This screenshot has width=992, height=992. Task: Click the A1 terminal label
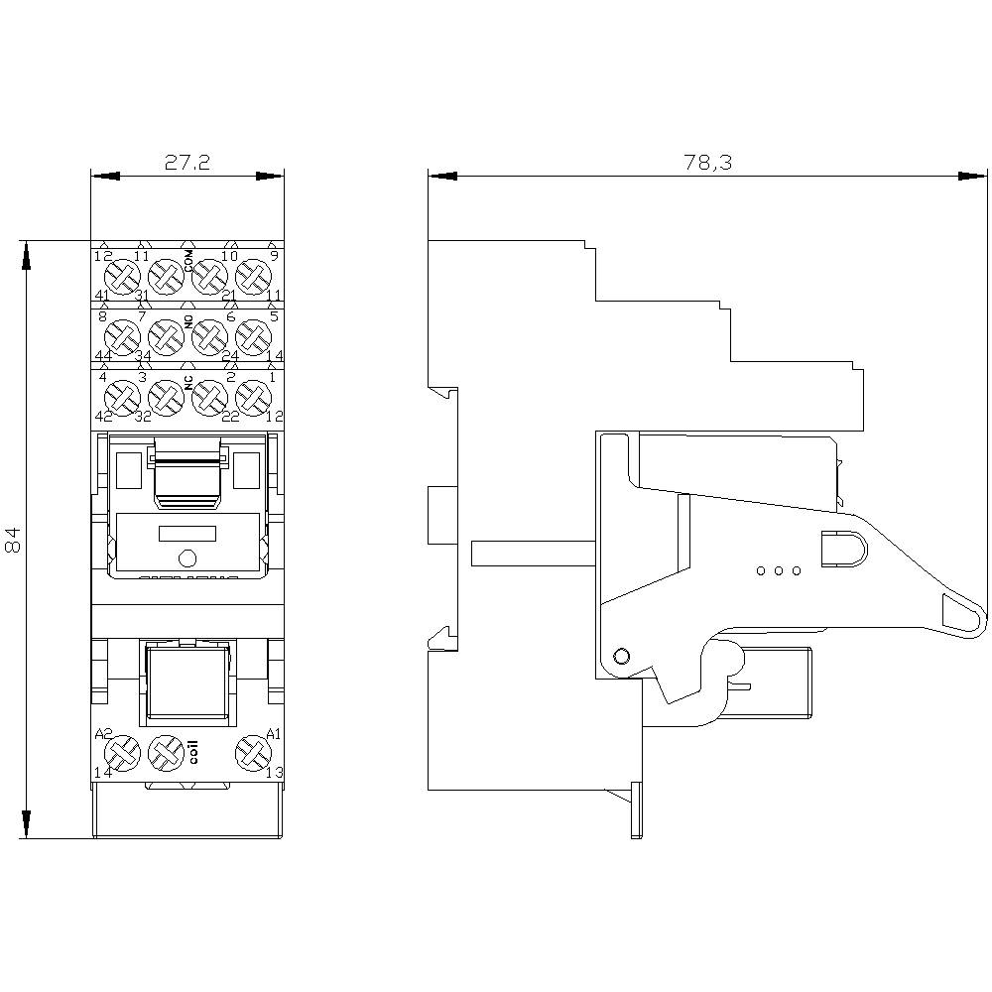pyautogui.click(x=275, y=735)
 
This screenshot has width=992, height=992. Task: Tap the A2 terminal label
pyautogui.click(x=102, y=735)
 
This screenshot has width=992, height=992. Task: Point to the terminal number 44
pyautogui.click(x=102, y=355)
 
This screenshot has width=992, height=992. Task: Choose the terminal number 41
pyautogui.click(x=102, y=296)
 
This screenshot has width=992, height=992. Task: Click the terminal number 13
pyautogui.click(x=275, y=773)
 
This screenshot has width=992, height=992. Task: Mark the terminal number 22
pyautogui.click(x=230, y=417)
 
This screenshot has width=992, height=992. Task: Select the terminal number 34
pyautogui.click(x=143, y=355)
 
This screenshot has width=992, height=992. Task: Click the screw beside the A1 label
pyautogui.click(x=252, y=754)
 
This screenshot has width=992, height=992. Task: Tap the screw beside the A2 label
pyautogui.click(x=123, y=754)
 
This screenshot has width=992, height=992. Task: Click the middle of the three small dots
pyautogui.click(x=779, y=571)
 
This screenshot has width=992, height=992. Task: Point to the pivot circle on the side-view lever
pyautogui.click(x=622, y=656)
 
